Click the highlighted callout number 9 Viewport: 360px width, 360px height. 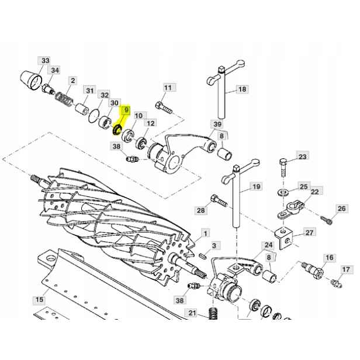[x=126, y=110]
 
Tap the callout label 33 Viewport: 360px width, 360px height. [x=45, y=61]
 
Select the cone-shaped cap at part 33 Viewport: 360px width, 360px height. [x=31, y=80]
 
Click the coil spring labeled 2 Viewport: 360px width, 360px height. [x=64, y=98]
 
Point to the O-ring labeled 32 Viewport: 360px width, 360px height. [x=94, y=116]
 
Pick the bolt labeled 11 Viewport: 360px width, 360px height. [x=164, y=108]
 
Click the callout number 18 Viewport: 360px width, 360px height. [x=242, y=89]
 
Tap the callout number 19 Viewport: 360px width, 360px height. [x=256, y=186]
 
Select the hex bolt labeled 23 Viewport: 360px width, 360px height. [x=283, y=168]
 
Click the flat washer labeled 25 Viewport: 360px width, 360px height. [x=283, y=191]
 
